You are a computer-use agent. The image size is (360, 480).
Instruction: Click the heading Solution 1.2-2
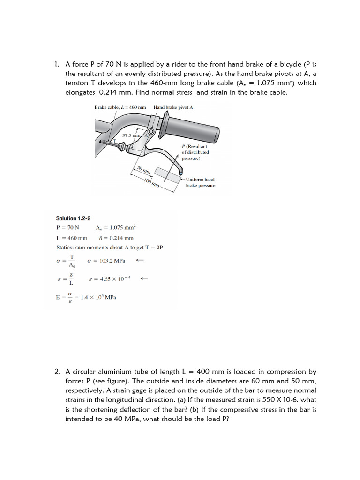[73, 218]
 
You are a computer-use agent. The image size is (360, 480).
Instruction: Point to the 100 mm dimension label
[152, 183]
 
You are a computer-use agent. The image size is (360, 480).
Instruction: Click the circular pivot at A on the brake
[151, 133]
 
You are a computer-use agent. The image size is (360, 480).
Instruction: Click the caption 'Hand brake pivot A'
[173, 107]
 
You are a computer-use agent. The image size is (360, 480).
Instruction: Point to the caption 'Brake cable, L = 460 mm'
[120, 107]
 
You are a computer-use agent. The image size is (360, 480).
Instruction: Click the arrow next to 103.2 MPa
[139, 260]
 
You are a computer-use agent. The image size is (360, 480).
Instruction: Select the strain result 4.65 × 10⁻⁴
[109, 278]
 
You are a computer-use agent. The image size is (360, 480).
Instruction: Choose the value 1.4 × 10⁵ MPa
[98, 297]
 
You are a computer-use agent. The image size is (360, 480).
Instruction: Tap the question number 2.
[57, 371]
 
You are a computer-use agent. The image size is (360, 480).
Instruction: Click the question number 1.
[57, 64]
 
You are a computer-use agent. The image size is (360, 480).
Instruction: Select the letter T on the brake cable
[112, 140]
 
